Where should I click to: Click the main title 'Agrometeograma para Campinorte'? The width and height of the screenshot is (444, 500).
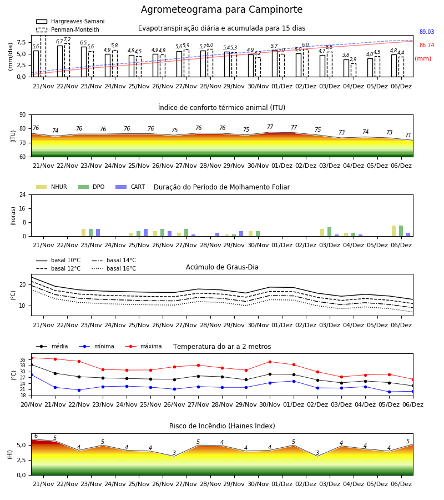pos(221,9)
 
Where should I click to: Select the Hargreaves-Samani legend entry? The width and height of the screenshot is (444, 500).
pos(70,21)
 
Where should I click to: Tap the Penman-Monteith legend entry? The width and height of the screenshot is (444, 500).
pos(68,29)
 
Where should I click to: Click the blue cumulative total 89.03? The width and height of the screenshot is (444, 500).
pos(427,32)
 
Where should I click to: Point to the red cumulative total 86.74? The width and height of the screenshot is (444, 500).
pos(427,46)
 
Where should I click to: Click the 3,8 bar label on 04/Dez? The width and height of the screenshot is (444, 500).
pos(346,55)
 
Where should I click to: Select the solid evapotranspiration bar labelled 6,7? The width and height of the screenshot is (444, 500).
pos(60,61)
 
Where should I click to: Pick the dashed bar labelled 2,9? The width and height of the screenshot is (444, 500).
pos(354,70)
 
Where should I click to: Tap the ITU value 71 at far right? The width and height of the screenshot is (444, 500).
pos(408,135)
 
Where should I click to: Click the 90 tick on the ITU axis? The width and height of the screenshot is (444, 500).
pos(23,115)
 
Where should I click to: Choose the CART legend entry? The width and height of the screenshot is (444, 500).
pos(130,187)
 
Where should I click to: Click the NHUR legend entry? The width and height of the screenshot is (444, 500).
pos(52,187)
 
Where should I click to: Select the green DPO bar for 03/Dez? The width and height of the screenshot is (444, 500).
pos(329,232)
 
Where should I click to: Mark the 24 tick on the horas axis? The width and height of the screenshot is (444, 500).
pos(23,194)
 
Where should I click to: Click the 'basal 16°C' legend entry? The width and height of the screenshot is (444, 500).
pos(114,268)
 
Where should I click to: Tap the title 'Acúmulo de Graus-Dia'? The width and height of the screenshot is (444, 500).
pos(222,267)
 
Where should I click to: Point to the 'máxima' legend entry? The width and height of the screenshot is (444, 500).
pos(143,346)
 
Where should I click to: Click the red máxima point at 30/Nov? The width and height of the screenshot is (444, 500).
pos(270,362)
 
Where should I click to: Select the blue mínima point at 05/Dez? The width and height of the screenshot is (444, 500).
pos(389,392)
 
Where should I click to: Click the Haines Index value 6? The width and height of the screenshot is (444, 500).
pos(36,436)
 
